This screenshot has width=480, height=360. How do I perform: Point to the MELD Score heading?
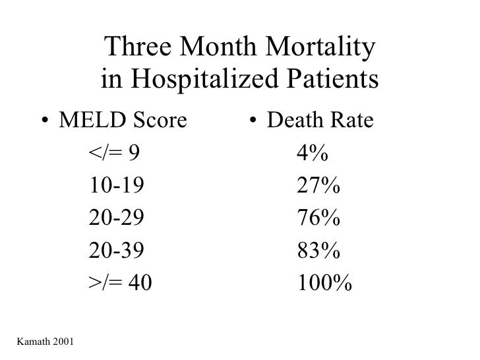(123, 121)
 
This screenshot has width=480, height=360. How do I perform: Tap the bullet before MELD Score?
(44, 122)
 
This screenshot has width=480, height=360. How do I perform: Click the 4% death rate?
(313, 154)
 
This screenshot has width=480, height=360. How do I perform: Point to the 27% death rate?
(318, 187)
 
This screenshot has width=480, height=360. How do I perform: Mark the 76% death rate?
(318, 219)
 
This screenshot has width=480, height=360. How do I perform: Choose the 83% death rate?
(318, 251)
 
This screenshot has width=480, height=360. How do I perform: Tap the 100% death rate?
(324, 284)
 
